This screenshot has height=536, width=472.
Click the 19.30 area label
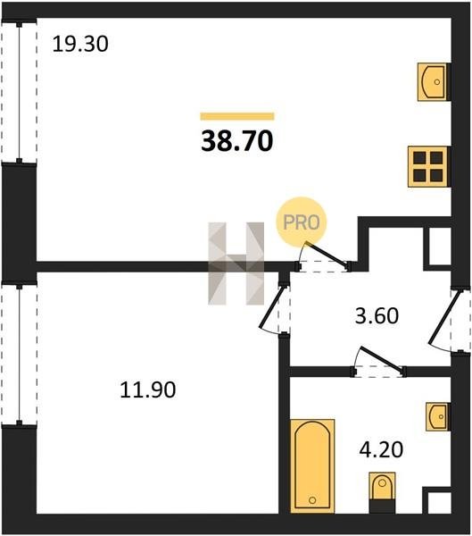coord(80,44)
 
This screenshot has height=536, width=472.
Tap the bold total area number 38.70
coord(237,141)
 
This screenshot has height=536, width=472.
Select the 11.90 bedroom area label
coord(148,389)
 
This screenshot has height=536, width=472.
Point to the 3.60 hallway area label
coord(377,316)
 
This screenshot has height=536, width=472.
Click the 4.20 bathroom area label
coord(381,449)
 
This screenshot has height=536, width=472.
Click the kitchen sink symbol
coord(432,81)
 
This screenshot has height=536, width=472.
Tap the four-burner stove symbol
coord(427,166)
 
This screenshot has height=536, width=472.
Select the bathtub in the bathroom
coord(312,466)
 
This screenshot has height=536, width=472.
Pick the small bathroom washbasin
coord(437,416)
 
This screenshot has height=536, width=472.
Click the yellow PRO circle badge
coord(302,222)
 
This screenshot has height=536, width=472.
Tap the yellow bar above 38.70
coord(237,116)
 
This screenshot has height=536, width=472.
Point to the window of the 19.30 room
coord(19,92)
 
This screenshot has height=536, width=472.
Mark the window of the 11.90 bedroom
coord(19,354)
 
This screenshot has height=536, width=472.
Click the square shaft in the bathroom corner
coord(437,500)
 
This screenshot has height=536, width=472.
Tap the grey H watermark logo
coord(236,264)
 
